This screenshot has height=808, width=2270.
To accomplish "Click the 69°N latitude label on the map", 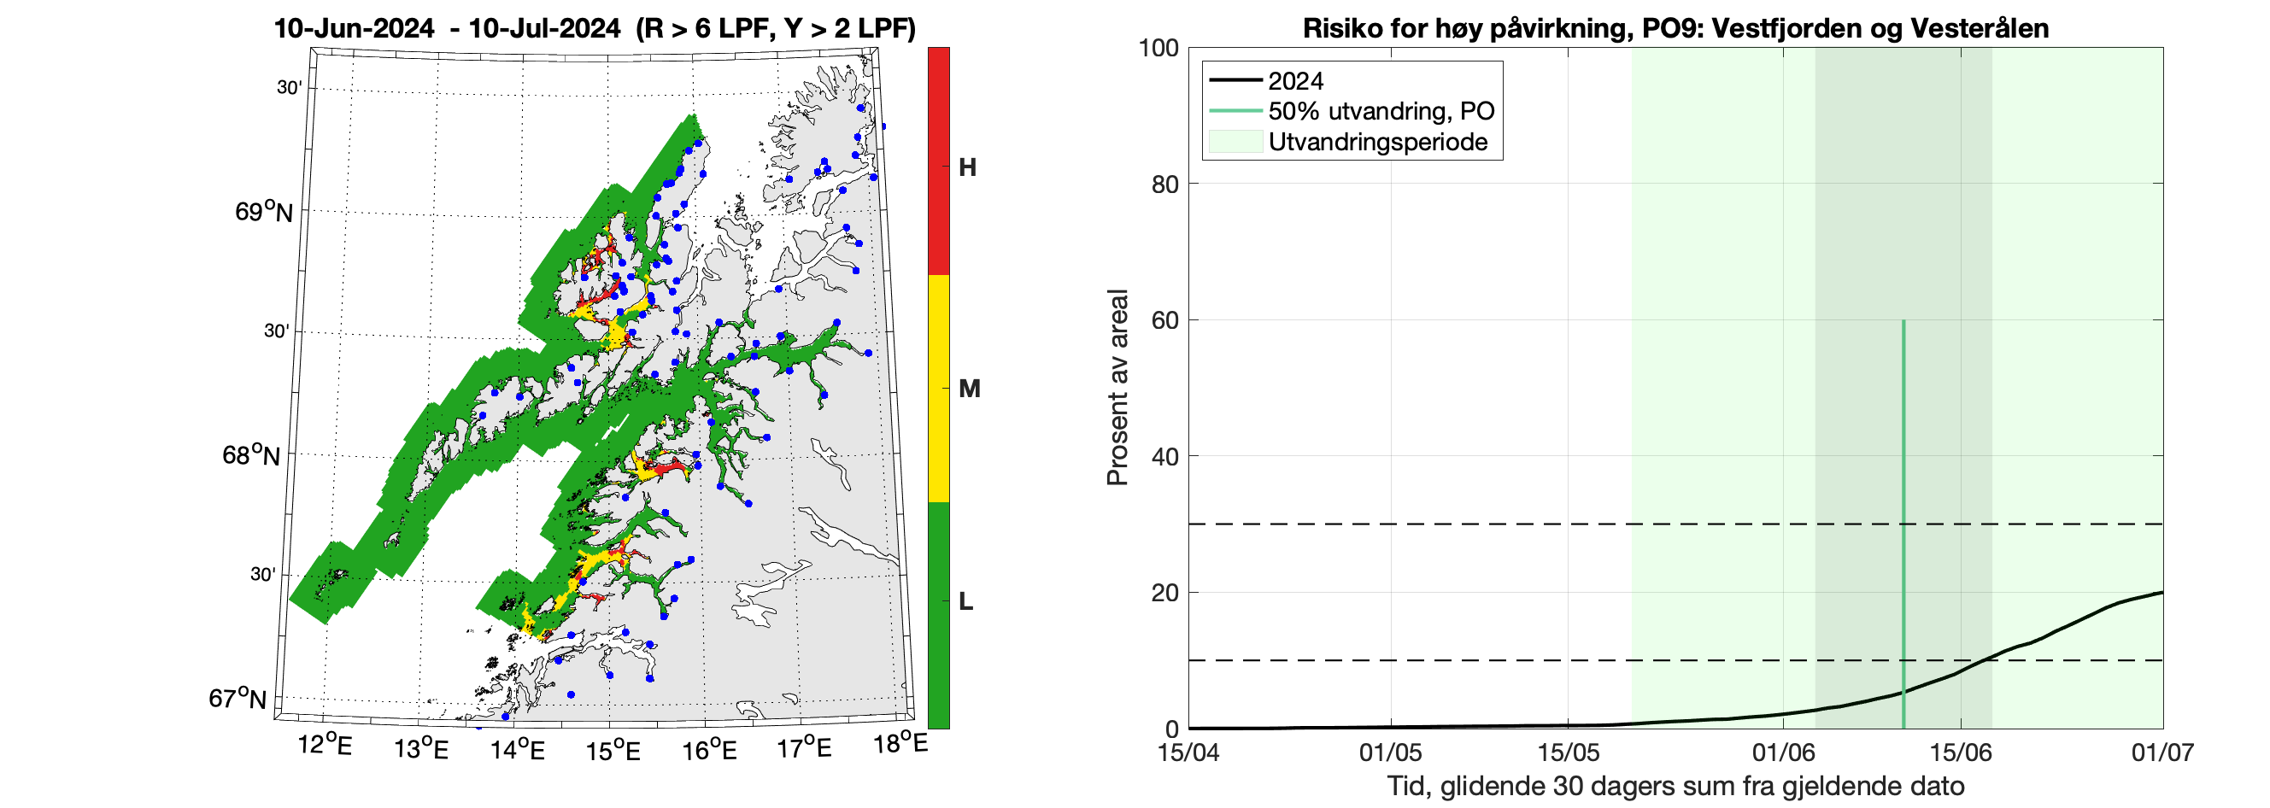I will coord(263,212).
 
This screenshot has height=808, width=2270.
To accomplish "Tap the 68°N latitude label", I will coord(251,454).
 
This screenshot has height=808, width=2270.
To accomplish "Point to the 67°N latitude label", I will coord(237,698).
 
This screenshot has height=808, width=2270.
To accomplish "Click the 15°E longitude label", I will coord(613,750).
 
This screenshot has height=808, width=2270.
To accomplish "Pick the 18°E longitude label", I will coord(900,744).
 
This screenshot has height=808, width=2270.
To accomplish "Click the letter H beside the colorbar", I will coord(966,167).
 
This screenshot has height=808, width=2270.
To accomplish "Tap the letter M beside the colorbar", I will coord(969,389).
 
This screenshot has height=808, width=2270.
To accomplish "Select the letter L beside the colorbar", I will coord(965,601).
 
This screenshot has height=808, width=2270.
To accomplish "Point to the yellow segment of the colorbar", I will coord(938,389).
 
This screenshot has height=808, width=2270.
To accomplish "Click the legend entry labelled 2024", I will coord(1294,81).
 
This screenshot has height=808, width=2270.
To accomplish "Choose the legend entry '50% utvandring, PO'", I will coord(1381,111).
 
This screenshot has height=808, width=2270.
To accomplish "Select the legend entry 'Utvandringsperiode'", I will coord(1377,142).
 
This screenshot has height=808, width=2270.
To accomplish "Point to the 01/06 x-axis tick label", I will coord(1783,752).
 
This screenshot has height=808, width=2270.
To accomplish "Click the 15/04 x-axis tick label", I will coord(1188,752).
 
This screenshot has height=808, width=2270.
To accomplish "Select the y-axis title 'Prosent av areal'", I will coord(1117,388).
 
